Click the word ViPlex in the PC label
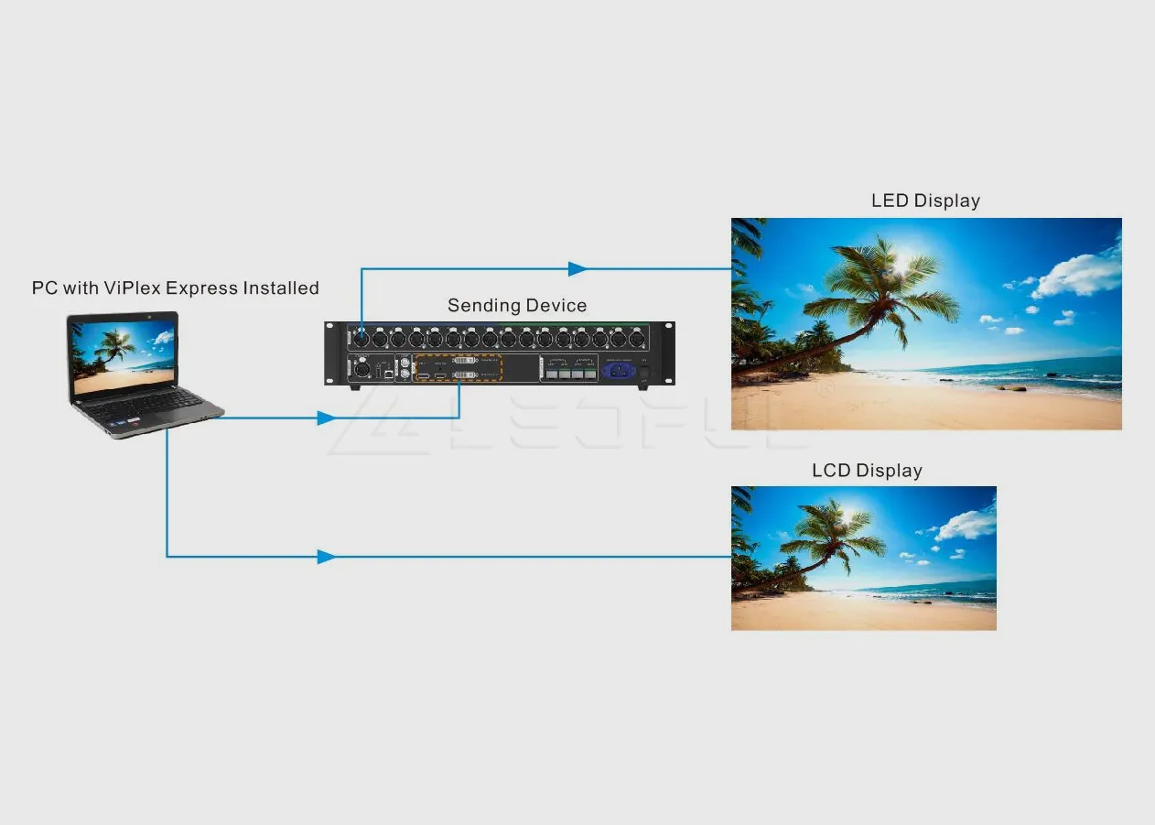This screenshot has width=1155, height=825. tap(132, 288)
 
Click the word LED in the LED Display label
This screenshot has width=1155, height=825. tap(890, 201)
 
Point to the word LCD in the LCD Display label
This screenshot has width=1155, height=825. tap(831, 471)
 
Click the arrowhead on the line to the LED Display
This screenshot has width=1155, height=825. tap(577, 269)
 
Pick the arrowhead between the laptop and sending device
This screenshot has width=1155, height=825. tap(326, 418)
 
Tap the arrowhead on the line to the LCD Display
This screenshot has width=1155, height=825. tap(326, 556)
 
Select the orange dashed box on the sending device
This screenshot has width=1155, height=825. tap(459, 368)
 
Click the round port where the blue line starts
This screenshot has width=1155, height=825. tap(362, 337)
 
